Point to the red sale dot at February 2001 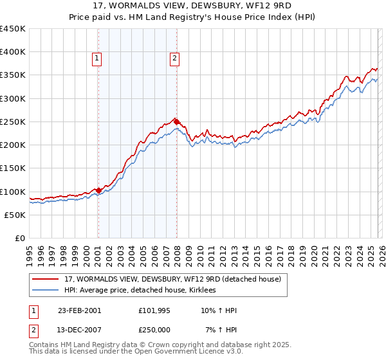click(x=98, y=190)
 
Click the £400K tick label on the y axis click(x=13, y=52)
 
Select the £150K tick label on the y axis click(x=13, y=168)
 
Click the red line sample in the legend click(x=46, y=280)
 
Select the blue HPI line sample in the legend click(x=46, y=291)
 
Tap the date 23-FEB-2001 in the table click(x=79, y=310)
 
